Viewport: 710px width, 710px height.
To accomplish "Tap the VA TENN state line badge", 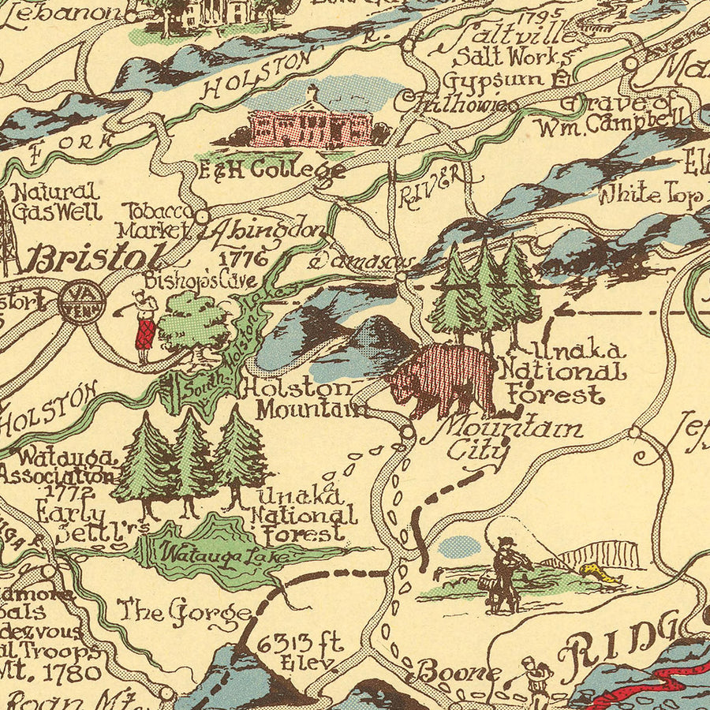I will (80, 301).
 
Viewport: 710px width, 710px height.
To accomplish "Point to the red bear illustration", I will (443, 379).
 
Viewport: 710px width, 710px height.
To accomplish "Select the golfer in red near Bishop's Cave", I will (142, 326).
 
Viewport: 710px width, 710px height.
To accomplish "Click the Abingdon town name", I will (264, 231).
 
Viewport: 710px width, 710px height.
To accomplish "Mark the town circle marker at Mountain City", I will (407, 432).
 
